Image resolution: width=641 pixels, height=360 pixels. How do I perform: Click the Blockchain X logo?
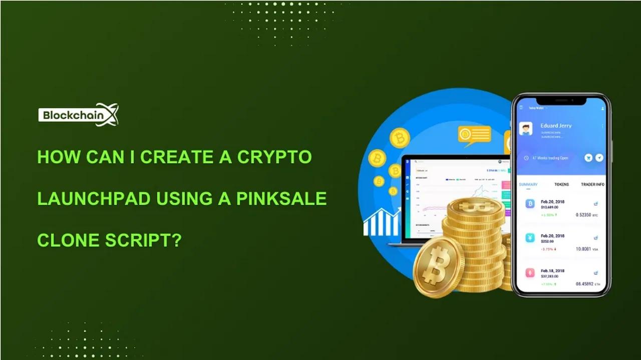[x=78, y=115]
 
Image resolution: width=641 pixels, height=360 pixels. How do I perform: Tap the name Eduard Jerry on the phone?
[x=556, y=126]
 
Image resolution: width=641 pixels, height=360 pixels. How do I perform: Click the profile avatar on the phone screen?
[x=526, y=129]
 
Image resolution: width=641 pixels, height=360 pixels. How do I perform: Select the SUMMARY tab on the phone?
[x=528, y=184]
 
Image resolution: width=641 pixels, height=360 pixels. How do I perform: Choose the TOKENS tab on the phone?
[x=561, y=184]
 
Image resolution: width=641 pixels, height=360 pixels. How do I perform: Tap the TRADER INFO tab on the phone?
[x=592, y=184]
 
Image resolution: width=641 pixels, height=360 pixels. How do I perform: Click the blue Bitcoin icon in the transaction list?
[x=530, y=204]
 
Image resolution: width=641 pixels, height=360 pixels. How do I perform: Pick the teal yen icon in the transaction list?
[x=530, y=238]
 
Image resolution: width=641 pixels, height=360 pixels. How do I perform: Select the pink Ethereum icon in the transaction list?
[x=530, y=273]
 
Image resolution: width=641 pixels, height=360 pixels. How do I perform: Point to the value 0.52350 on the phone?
[x=583, y=215]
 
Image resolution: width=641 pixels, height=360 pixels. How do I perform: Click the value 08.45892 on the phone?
[x=584, y=284]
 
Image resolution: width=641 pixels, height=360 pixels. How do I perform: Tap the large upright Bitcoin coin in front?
[x=439, y=267]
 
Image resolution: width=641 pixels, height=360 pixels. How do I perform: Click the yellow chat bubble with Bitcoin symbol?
[x=474, y=135]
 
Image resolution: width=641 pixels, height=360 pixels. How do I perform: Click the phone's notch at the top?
[x=561, y=100]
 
